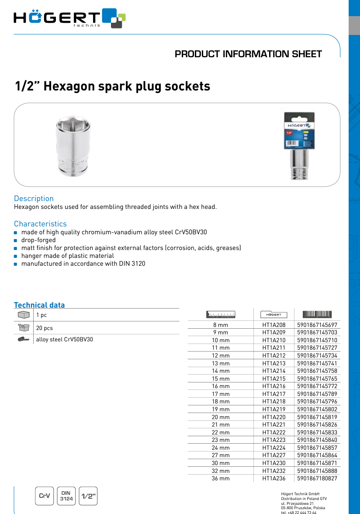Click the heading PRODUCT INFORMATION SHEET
click(x=248, y=54)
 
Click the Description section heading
click(x=34, y=198)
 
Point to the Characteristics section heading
click(x=40, y=224)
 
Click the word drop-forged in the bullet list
click(x=38, y=240)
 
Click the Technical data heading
click(x=39, y=305)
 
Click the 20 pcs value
click(x=44, y=328)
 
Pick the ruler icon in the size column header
click(x=221, y=314)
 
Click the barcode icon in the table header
click(x=317, y=314)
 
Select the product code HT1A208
click(x=274, y=325)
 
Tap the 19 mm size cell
click(x=221, y=409)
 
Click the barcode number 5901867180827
click(x=317, y=478)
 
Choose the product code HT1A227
click(x=274, y=455)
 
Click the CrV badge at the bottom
click(x=45, y=496)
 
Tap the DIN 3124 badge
click(x=66, y=496)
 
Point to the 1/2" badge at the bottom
click(x=89, y=496)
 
